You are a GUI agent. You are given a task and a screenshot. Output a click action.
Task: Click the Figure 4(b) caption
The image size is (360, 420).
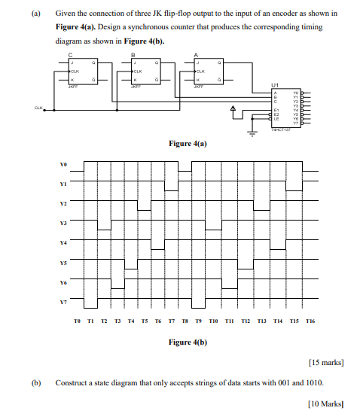point(187,342)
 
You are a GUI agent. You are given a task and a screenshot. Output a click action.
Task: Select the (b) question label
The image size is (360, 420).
point(35,382)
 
